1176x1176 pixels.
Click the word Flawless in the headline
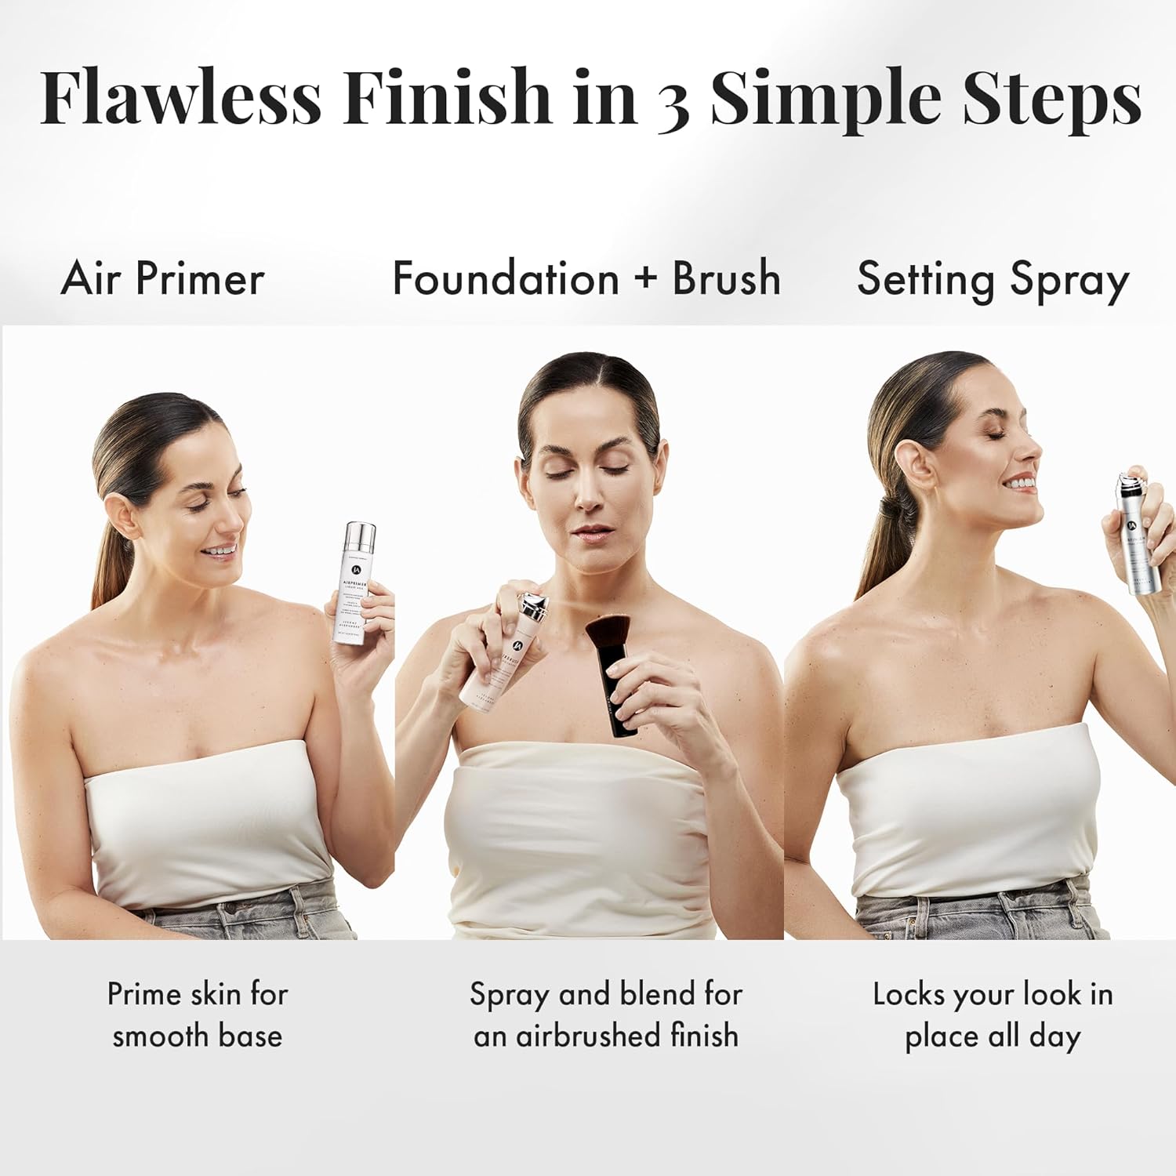[x=180, y=97]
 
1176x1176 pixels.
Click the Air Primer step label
[x=162, y=278]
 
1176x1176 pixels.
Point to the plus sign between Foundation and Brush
[x=645, y=278]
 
